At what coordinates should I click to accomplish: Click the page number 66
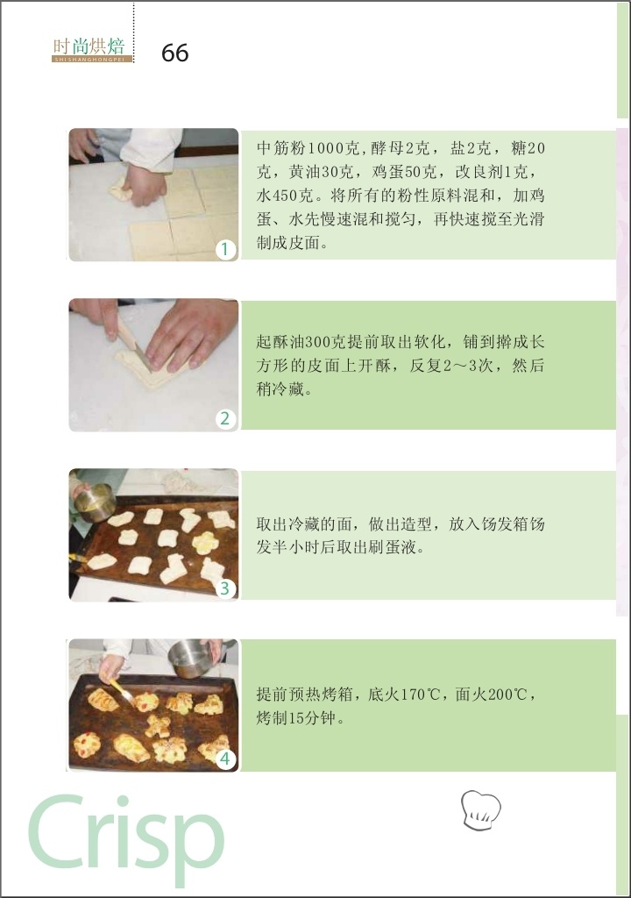(x=174, y=53)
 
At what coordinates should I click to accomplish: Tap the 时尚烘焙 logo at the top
(x=92, y=49)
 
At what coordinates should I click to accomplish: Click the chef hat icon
(x=481, y=809)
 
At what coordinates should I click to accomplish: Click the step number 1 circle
(x=225, y=249)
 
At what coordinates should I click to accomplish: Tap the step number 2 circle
(x=225, y=418)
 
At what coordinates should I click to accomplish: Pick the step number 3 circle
(x=225, y=588)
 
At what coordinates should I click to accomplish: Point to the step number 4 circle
(x=225, y=759)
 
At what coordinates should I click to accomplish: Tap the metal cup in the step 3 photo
(x=96, y=502)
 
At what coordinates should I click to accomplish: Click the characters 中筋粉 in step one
(x=280, y=148)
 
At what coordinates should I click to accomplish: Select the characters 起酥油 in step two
(x=280, y=343)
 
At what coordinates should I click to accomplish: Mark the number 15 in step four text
(x=295, y=718)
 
